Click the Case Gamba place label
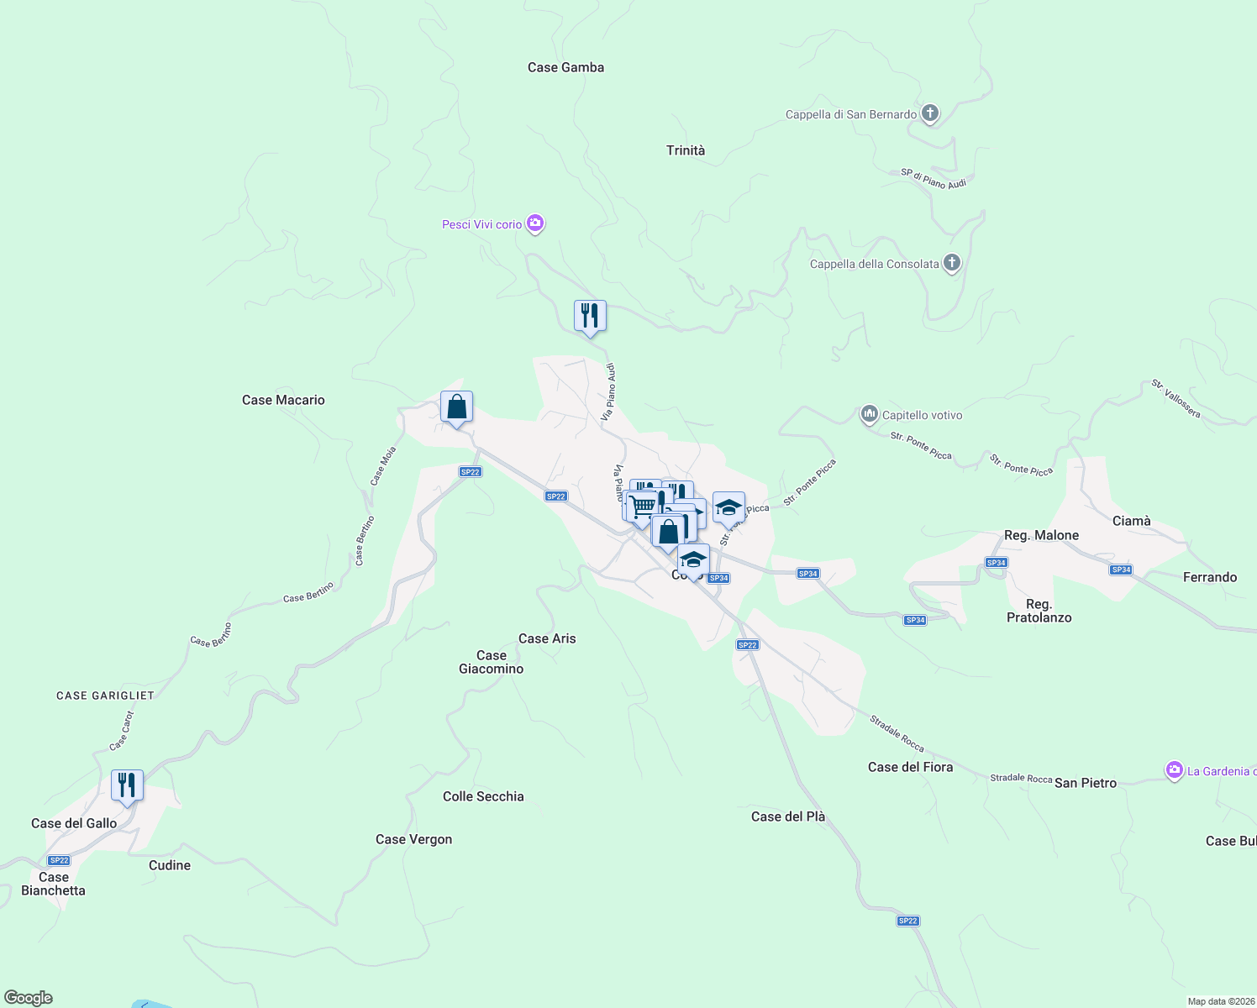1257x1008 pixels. (x=565, y=67)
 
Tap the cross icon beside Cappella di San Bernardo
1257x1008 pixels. (x=929, y=113)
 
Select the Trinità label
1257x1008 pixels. (x=686, y=150)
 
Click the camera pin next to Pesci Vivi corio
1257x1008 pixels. (x=535, y=223)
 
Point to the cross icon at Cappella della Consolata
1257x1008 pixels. (x=951, y=263)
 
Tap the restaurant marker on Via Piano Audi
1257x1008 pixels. (x=590, y=317)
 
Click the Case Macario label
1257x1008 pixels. (x=283, y=400)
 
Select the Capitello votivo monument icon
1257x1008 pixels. (x=869, y=414)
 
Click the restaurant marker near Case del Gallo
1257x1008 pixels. (x=127, y=785)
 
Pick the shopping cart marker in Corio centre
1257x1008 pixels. (x=641, y=507)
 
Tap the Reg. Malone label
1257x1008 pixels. (x=1041, y=535)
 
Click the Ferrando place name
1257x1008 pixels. (x=1210, y=577)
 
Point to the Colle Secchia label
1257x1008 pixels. (x=483, y=796)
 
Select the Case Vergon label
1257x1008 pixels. (x=413, y=839)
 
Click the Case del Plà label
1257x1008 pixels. (x=788, y=816)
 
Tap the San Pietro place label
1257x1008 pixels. (x=1086, y=783)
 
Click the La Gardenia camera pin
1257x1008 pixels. (x=1174, y=770)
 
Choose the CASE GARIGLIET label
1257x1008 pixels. (x=105, y=696)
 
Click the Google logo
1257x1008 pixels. (x=29, y=998)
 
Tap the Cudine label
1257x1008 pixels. (x=170, y=865)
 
